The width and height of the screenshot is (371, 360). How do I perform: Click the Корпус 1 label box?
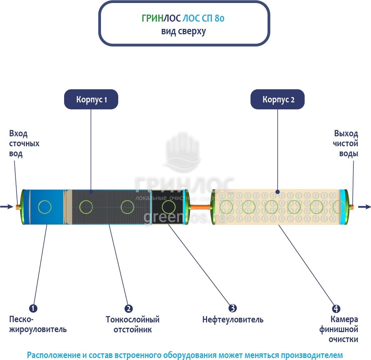[x=91, y=99]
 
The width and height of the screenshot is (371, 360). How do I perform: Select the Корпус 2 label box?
[x=278, y=99]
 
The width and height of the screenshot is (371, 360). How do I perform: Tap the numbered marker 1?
[x=33, y=308]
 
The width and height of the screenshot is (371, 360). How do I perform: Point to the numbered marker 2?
[x=129, y=308]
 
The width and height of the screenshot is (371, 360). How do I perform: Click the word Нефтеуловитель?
[x=233, y=320]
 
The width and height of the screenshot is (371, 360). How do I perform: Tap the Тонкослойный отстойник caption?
[x=133, y=324]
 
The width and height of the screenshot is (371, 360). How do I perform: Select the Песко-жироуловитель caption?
[x=38, y=324]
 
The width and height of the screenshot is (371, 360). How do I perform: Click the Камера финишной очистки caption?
[x=339, y=329]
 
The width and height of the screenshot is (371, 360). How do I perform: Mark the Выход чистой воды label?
[x=346, y=144]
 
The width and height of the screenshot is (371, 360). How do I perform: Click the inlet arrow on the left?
[x=7, y=207]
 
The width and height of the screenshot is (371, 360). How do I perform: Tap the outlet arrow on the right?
[x=364, y=207]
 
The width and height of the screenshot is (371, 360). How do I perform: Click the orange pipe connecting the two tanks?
[x=200, y=207]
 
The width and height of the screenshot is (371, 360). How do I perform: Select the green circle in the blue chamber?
[x=45, y=207]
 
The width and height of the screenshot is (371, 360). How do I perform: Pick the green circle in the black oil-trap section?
[x=168, y=207]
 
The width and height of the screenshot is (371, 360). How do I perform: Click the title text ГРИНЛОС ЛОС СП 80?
[x=183, y=19]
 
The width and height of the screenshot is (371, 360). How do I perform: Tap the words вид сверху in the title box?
[x=184, y=32]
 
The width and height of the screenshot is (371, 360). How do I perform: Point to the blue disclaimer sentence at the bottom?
[x=185, y=354]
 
